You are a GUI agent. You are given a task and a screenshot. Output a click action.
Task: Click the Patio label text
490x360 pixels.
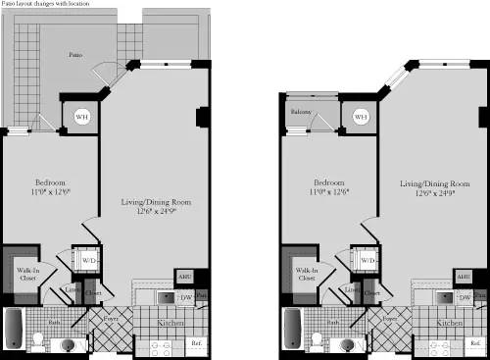(74, 57)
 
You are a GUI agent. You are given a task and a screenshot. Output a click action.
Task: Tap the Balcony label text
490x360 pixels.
(301, 113)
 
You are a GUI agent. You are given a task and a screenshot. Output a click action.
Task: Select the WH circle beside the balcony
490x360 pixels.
(361, 117)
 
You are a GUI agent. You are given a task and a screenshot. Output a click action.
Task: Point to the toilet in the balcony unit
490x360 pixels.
(316, 341)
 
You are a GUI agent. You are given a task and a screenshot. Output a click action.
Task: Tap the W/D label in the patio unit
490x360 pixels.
(88, 261)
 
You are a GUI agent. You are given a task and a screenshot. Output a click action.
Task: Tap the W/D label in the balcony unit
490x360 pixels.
(368, 261)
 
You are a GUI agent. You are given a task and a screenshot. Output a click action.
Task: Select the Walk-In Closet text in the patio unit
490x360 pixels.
(26, 274)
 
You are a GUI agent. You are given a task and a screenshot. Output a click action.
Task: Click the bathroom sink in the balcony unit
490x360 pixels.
(348, 344)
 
